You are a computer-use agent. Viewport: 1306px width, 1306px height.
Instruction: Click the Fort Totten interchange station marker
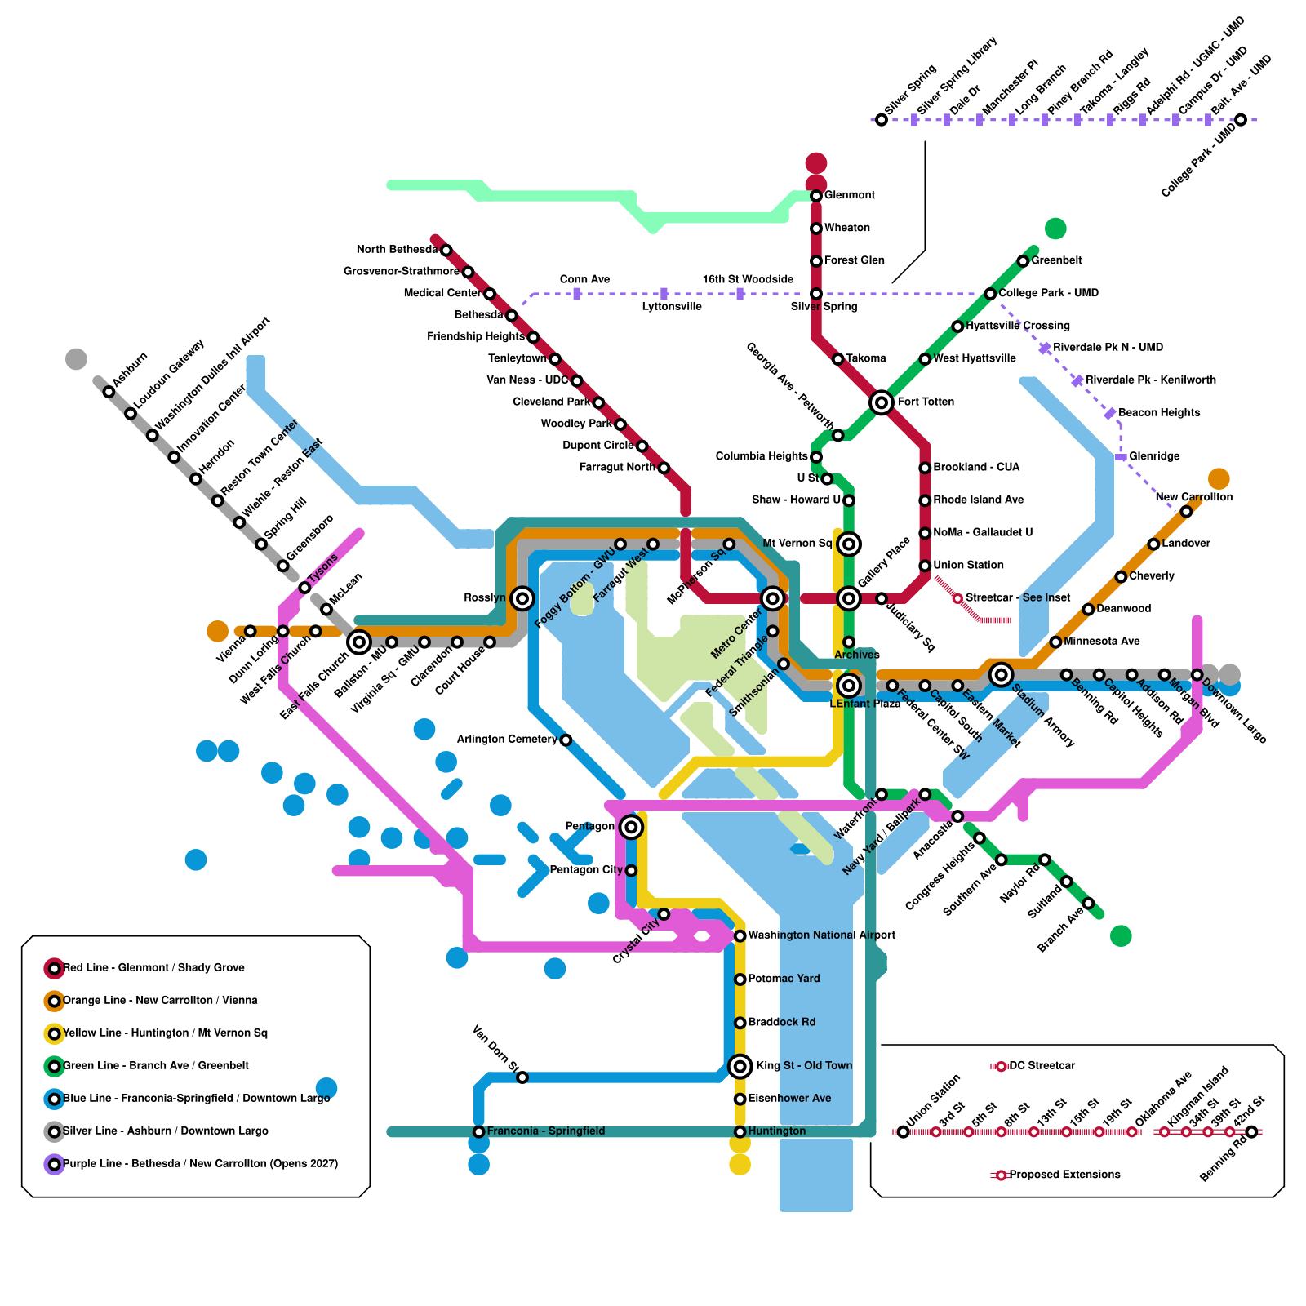click(881, 402)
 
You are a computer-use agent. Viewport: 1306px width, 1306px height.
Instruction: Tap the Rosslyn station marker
click(522, 598)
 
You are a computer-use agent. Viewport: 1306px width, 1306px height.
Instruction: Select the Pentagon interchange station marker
click(630, 827)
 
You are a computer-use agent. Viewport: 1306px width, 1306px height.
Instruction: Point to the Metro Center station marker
click(772, 598)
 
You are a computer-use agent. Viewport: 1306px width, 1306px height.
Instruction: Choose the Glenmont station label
click(849, 195)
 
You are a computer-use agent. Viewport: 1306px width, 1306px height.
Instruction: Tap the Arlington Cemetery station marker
click(566, 740)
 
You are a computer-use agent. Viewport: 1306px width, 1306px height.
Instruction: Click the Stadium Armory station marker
click(1001, 674)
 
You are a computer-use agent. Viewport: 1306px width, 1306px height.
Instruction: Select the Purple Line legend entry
click(200, 1164)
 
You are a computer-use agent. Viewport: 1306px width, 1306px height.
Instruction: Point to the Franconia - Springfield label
click(545, 1131)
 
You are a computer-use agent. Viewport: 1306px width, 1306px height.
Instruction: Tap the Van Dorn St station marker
click(522, 1077)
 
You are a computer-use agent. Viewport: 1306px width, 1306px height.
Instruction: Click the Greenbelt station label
click(1056, 260)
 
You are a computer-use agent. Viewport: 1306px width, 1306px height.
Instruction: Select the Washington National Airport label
click(821, 935)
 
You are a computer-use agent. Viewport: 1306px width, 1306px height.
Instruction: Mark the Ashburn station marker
click(109, 392)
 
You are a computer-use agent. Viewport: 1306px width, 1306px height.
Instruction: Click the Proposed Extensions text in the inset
click(1064, 1175)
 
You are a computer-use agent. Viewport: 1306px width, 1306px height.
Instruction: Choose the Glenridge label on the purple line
click(1154, 456)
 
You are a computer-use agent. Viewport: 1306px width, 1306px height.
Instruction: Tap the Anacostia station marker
click(957, 816)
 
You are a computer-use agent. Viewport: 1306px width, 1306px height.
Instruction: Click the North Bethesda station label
click(397, 250)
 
